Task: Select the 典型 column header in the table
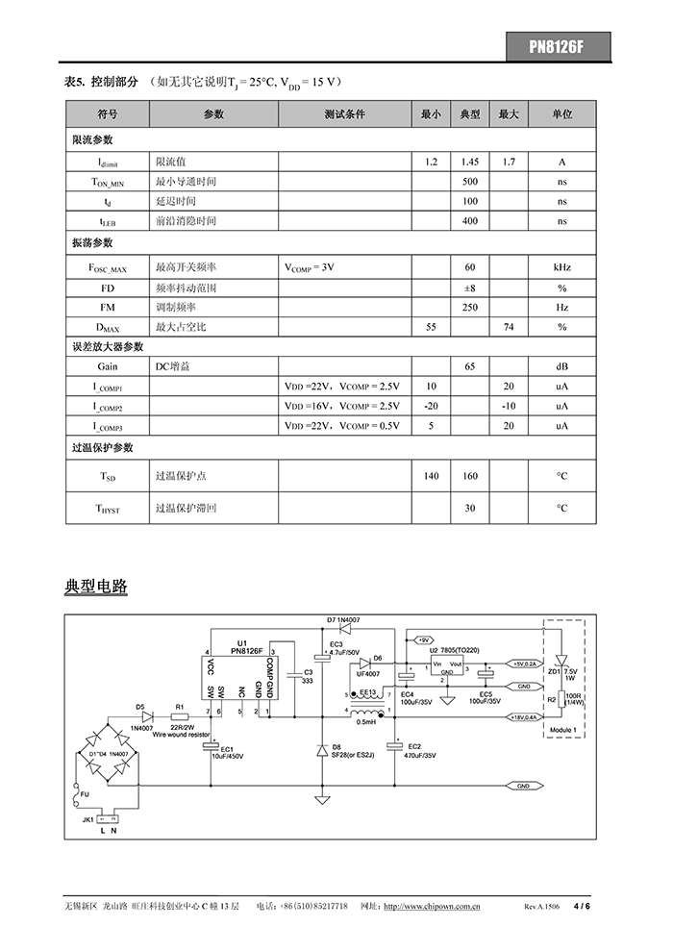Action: tap(470, 114)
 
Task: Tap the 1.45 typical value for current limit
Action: tap(470, 162)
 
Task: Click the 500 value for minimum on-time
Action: tap(470, 182)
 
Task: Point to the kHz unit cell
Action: tap(561, 266)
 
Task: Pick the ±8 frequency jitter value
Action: tap(470, 288)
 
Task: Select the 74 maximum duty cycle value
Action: tap(509, 328)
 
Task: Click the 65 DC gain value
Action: tap(470, 366)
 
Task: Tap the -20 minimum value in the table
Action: tap(431, 406)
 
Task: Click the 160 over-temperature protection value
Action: tap(470, 476)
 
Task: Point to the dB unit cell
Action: tap(561, 366)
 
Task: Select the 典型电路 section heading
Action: tap(96, 586)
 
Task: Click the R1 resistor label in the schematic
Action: tap(179, 707)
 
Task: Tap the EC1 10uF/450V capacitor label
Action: tap(229, 753)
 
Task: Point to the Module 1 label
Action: tap(561, 731)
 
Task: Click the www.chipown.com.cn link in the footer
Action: tap(433, 907)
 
